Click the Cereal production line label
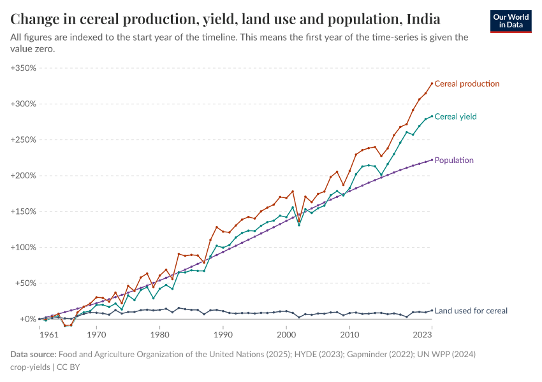point(467,83)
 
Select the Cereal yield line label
point(455,117)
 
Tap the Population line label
point(454,160)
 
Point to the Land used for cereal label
point(471,311)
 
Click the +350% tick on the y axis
point(24,67)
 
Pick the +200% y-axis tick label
point(24,176)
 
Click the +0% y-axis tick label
point(28,319)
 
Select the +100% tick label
point(24,247)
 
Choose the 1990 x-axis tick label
point(223,333)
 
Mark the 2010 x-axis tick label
point(349,333)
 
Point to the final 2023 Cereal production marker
point(432,83)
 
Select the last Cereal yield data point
point(432,116)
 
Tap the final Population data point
point(432,160)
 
